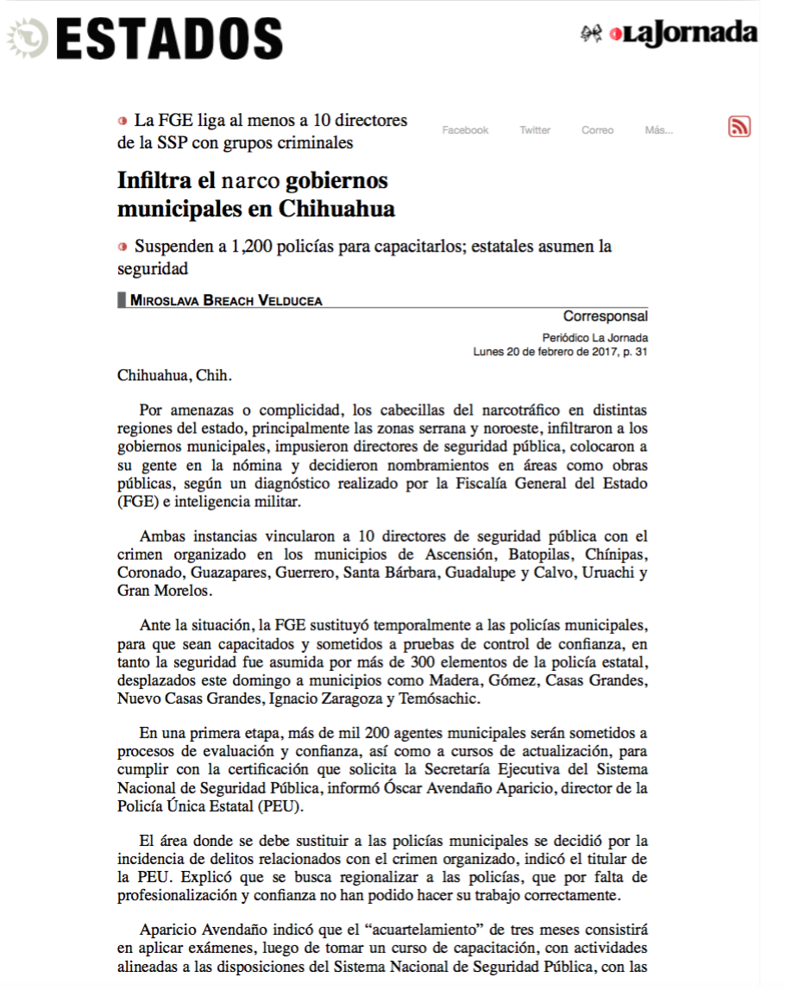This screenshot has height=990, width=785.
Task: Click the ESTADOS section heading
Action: pyautogui.click(x=169, y=39)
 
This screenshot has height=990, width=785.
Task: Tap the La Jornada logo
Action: pyautogui.click(x=681, y=34)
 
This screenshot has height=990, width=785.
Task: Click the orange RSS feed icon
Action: pyautogui.click(x=739, y=127)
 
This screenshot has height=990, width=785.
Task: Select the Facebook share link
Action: pyautogui.click(x=465, y=130)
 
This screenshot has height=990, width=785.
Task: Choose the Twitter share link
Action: pyautogui.click(x=535, y=130)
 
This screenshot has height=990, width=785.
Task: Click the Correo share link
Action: pyautogui.click(x=597, y=130)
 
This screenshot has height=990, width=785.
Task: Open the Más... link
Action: pyautogui.click(x=658, y=130)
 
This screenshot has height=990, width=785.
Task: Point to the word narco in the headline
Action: pyautogui.click(x=251, y=181)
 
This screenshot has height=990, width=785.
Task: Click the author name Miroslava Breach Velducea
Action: pyautogui.click(x=226, y=300)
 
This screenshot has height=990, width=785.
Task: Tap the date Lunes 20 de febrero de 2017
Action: pyautogui.click(x=542, y=352)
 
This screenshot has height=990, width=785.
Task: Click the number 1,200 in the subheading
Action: pyautogui.click(x=247, y=247)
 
